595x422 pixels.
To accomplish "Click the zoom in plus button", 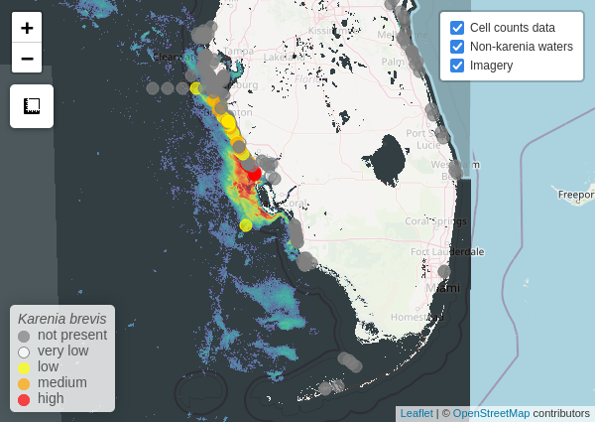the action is tap(27, 28).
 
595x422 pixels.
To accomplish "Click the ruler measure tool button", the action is tap(32, 106).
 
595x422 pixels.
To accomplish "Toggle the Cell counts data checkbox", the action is tap(457, 28).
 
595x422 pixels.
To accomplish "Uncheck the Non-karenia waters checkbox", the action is tap(457, 47).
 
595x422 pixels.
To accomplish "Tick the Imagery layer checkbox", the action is tap(457, 66).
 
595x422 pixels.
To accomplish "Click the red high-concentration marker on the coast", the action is tap(253, 173).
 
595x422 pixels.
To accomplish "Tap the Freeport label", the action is tap(574, 195).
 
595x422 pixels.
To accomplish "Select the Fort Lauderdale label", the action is tap(447, 251).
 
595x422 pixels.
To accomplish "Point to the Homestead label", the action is tap(416, 317).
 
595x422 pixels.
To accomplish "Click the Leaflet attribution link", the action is tap(416, 413).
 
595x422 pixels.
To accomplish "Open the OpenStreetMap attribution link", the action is tap(491, 413).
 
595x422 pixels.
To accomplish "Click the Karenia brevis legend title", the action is tap(62, 319).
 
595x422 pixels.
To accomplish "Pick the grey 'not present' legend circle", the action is tap(24, 337).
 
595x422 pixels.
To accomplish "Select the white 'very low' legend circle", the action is tap(24, 352).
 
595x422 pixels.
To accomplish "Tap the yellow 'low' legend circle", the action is tap(24, 367).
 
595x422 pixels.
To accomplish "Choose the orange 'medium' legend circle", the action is tap(24, 383).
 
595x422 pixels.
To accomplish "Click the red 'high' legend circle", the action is tap(24, 399).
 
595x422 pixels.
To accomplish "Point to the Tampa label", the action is tap(239, 51).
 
